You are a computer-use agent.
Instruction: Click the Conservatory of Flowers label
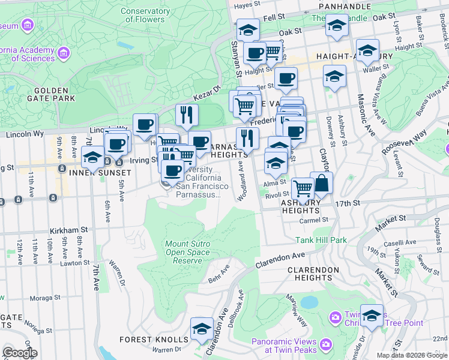pyautogui.click(x=145, y=15)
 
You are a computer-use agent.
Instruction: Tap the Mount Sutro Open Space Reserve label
pyautogui.click(x=187, y=252)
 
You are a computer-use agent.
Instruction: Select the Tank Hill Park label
pyautogui.click(x=321, y=240)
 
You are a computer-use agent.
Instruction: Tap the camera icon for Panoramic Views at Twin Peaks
pyautogui.click(x=326, y=344)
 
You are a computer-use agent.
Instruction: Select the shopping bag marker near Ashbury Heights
pyautogui.click(x=321, y=183)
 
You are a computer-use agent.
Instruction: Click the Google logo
pyautogui.click(x=20, y=352)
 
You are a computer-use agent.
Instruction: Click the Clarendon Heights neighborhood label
pyautogui.click(x=313, y=274)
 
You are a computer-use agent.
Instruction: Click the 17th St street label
pyautogui.click(x=348, y=203)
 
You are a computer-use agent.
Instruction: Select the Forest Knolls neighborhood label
pyautogui.click(x=144, y=339)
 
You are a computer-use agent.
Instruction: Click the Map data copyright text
pyautogui.click(x=412, y=355)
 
